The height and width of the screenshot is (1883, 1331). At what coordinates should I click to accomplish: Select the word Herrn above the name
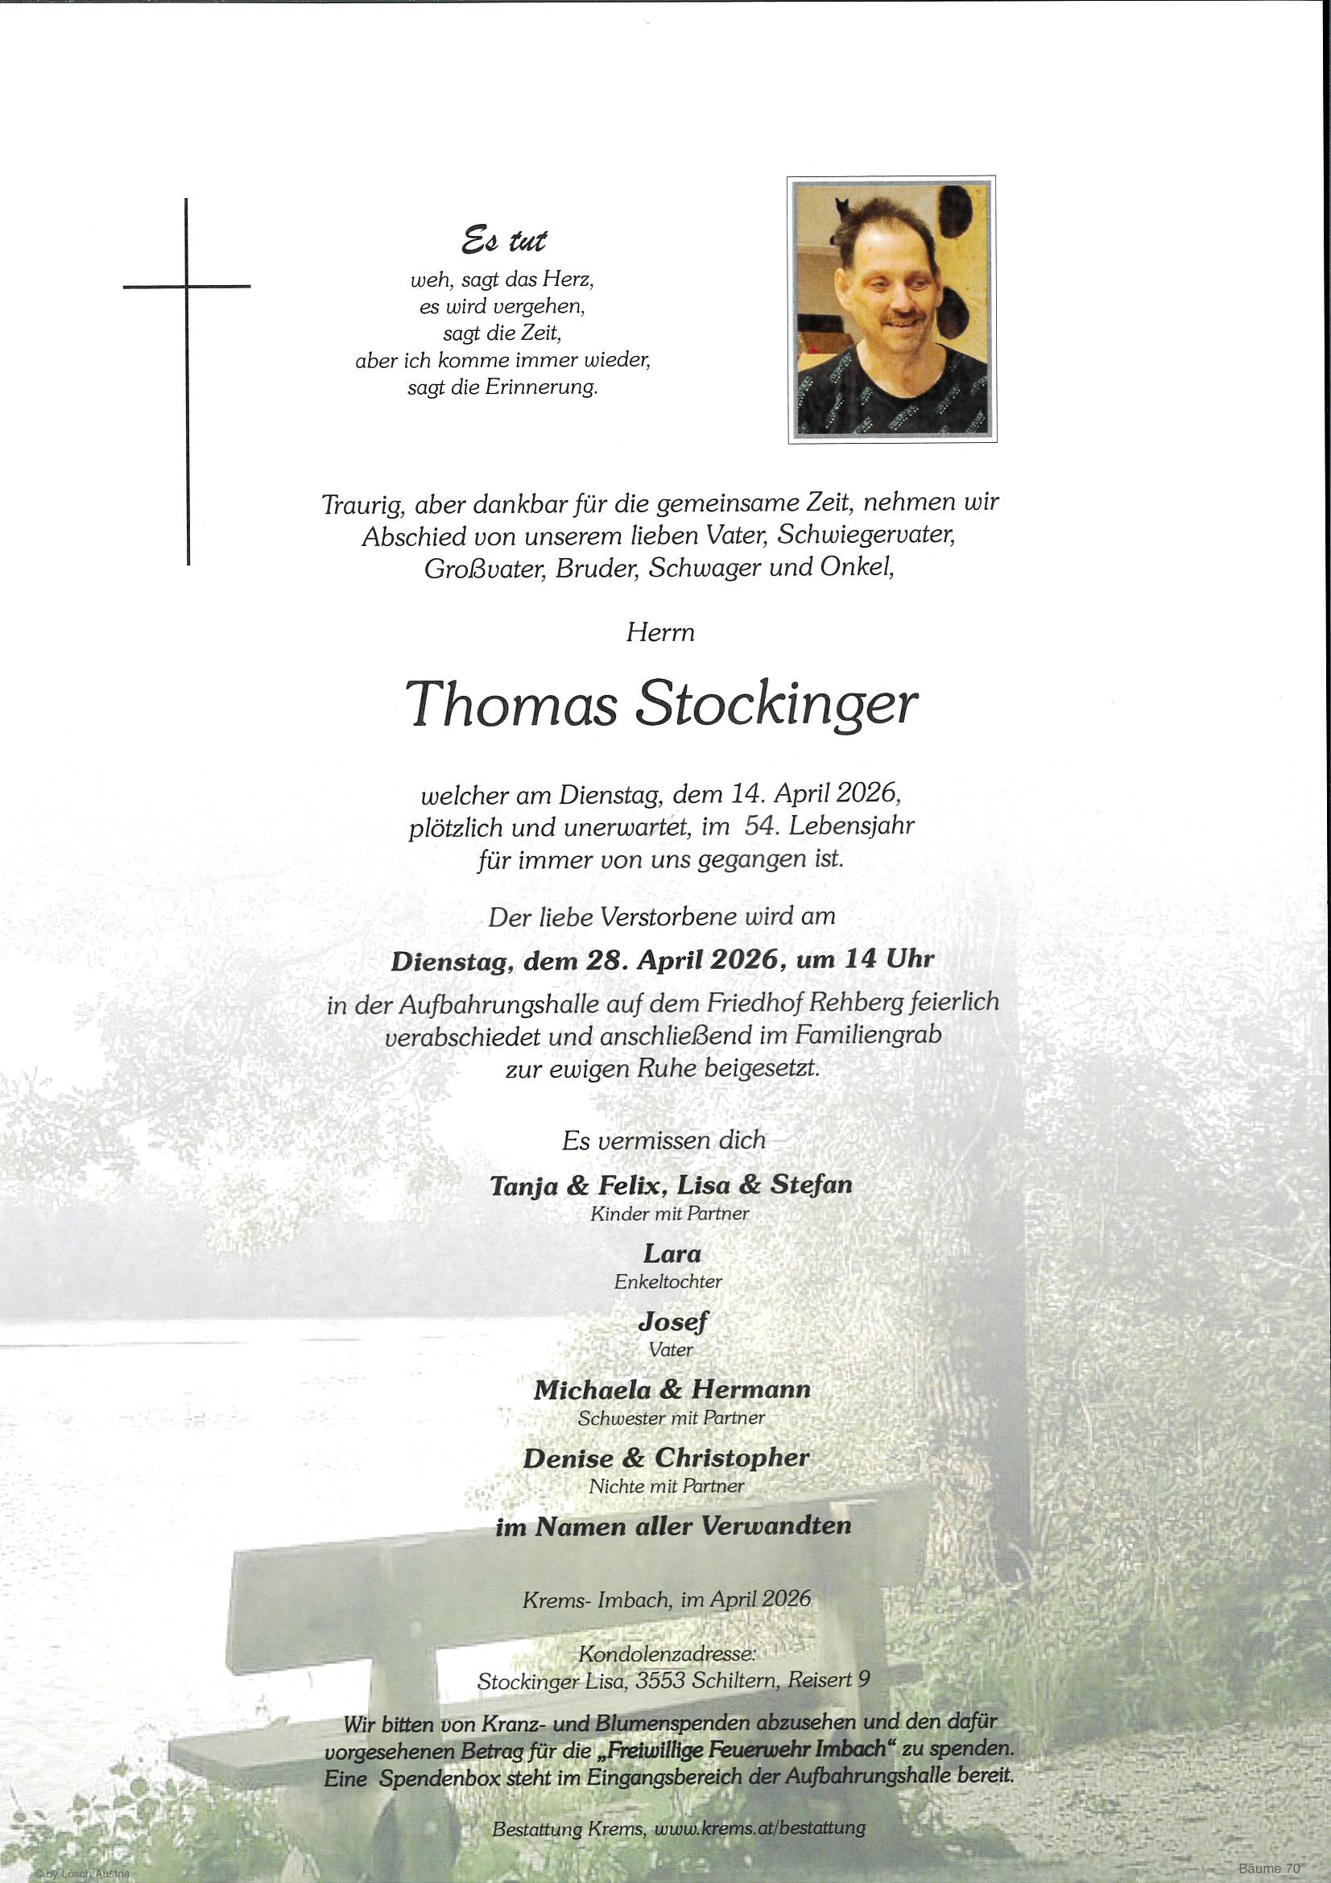[x=660, y=632]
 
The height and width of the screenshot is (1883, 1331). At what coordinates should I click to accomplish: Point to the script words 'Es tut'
[x=503, y=240]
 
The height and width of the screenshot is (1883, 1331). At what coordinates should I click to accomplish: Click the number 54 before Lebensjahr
[x=759, y=826]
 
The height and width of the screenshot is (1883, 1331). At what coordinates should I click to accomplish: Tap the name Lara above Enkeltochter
[x=672, y=1253]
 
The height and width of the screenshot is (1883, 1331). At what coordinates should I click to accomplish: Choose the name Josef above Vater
[x=672, y=1321]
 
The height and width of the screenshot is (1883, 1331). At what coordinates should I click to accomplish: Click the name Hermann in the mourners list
[x=750, y=1389]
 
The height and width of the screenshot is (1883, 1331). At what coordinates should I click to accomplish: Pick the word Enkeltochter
[x=668, y=1281]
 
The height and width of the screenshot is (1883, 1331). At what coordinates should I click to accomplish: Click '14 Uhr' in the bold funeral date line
[x=890, y=958]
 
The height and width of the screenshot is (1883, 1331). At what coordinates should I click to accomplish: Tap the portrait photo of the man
[x=891, y=309]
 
